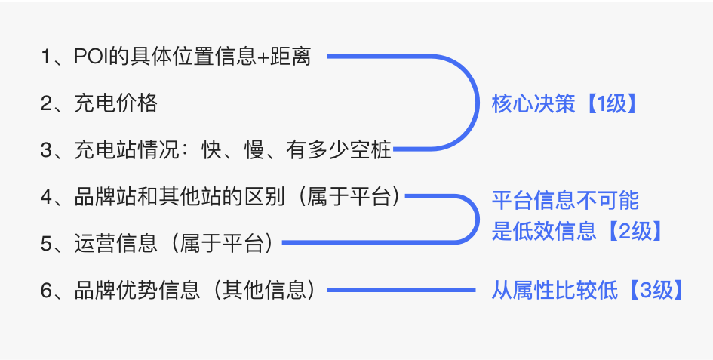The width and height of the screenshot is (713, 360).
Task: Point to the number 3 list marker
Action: (x=46, y=149)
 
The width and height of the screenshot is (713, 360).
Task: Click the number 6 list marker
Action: (x=46, y=290)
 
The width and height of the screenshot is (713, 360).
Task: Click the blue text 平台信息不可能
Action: (x=565, y=200)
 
